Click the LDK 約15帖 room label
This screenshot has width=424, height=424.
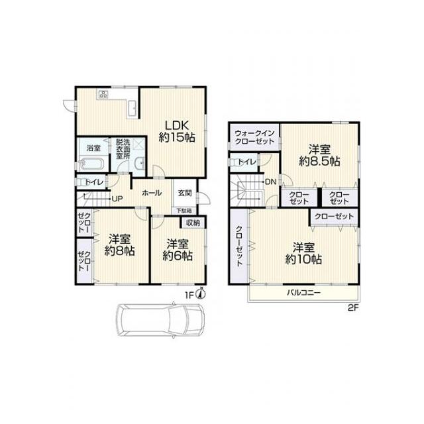click(x=177, y=132)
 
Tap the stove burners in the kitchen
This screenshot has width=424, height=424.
click(x=103, y=94)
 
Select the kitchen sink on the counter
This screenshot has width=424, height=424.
click(x=132, y=109)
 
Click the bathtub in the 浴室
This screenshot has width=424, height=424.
click(x=91, y=164)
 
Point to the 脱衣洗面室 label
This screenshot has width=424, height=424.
click(x=123, y=149)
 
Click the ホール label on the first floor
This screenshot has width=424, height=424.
click(x=152, y=193)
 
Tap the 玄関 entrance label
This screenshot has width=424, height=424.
click(x=185, y=193)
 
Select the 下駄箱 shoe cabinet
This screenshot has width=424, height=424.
click(x=185, y=210)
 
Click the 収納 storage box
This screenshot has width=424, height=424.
click(x=193, y=223)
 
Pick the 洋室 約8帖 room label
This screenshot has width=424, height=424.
click(x=120, y=245)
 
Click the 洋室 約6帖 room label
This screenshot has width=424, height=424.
click(x=178, y=250)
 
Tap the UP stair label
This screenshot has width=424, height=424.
click(x=117, y=199)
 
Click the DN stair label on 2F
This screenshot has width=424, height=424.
click(x=271, y=182)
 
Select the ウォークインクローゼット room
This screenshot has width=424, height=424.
click(x=254, y=137)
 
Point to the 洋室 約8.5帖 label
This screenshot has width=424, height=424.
click(x=319, y=156)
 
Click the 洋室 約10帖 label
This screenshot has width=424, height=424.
click(x=303, y=254)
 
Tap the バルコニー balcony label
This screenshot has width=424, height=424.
click(x=303, y=293)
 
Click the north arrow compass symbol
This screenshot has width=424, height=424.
click(x=201, y=293)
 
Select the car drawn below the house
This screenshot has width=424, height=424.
click(x=160, y=321)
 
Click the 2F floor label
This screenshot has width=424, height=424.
click(x=353, y=308)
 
